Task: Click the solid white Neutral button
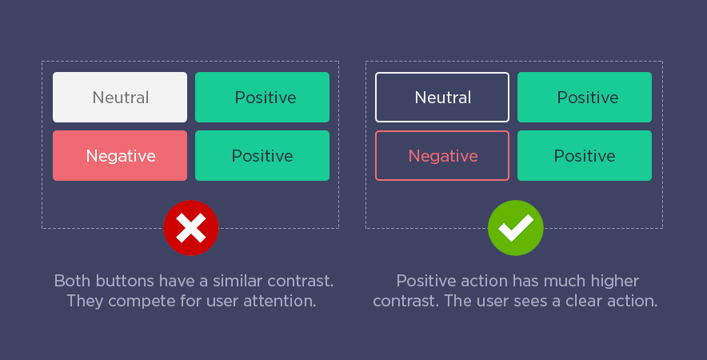click(120, 97)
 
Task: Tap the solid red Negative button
click(120, 156)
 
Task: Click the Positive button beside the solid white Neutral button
click(262, 97)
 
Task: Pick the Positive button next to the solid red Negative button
click(262, 156)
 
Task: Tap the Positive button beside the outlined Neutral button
click(585, 97)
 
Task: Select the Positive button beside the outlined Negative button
click(585, 156)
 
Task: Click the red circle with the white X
click(190, 228)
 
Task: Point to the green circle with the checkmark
click(515, 228)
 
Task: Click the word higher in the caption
click(615, 282)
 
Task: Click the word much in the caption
click(565, 281)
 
